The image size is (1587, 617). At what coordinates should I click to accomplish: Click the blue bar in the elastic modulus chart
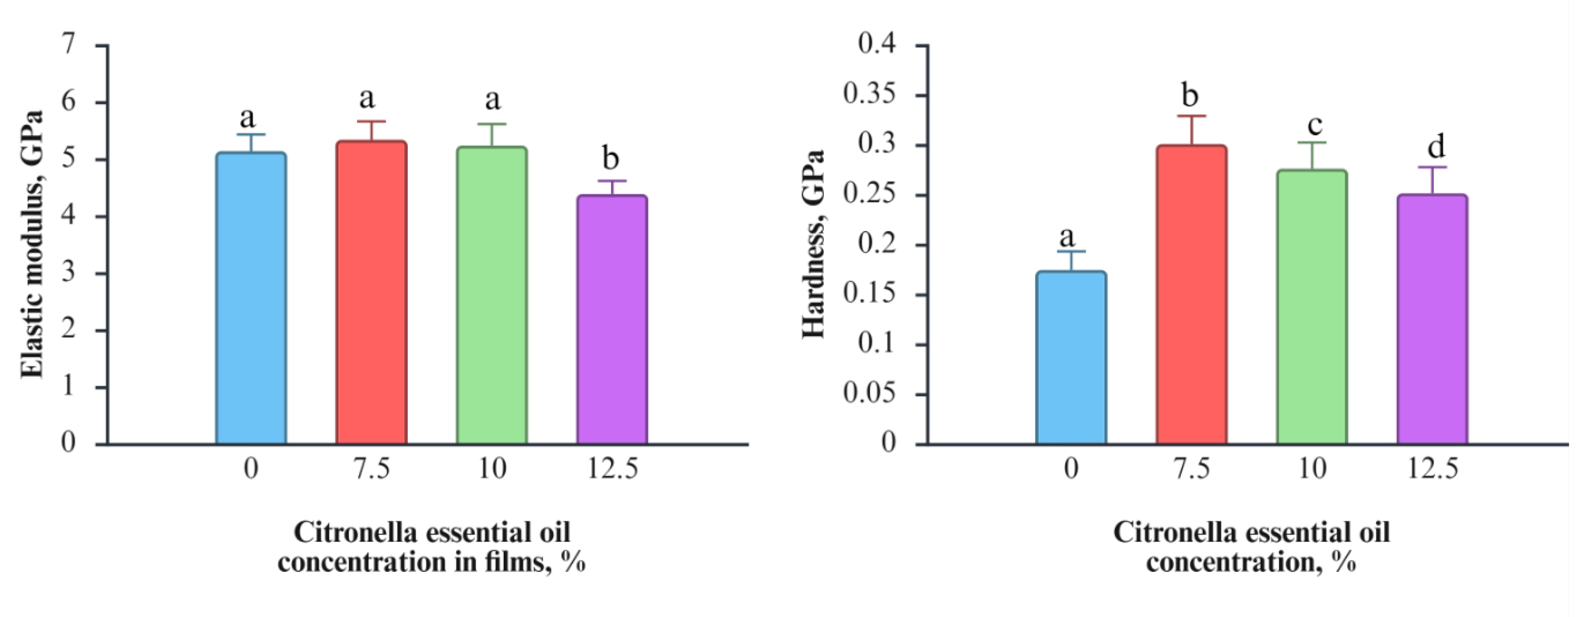(251, 298)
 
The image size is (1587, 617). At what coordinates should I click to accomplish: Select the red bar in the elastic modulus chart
(371, 293)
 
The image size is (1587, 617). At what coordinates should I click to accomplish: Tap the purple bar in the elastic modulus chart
(612, 320)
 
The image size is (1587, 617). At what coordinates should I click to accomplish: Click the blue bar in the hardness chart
(1071, 357)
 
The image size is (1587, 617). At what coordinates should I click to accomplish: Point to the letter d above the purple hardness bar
(1436, 147)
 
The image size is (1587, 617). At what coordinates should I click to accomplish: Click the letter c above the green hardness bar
(1315, 125)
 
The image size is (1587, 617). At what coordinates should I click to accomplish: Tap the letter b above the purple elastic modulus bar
(610, 158)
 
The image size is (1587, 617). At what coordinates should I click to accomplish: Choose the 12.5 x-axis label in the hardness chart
(1433, 469)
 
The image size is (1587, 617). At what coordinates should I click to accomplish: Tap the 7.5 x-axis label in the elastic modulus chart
(371, 469)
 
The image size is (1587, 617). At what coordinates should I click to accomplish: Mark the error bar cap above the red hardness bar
(1191, 116)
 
